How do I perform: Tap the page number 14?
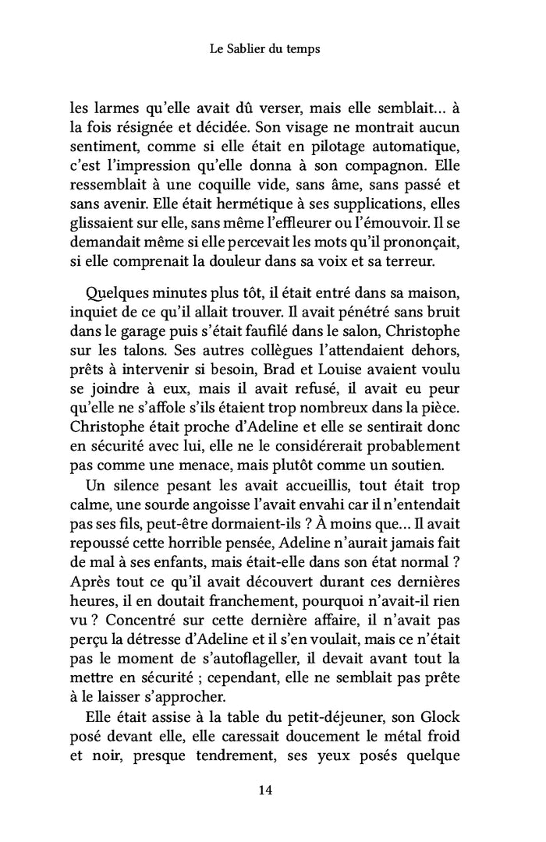[x=265, y=791]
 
